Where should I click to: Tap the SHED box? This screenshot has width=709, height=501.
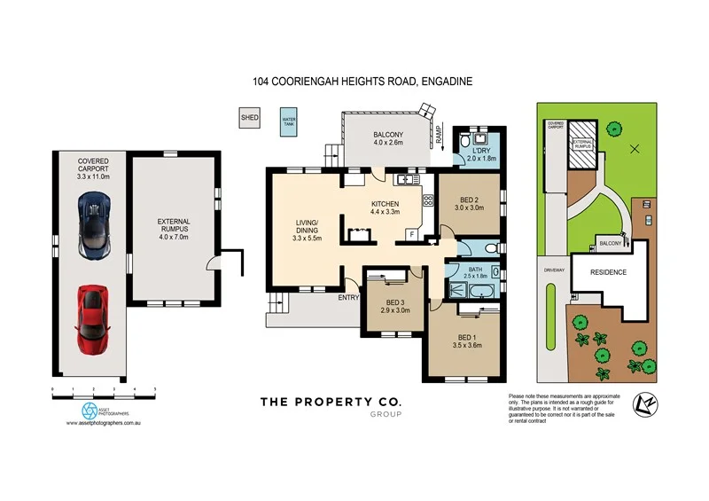coord(248,116)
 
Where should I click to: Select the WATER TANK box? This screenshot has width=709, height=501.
coord(289,121)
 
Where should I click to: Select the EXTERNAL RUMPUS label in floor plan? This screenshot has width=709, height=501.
coord(174,227)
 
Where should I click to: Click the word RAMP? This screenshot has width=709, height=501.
coord(438,135)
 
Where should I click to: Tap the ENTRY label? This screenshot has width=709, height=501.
coord(347,297)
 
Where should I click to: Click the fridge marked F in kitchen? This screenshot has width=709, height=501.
coord(412,234)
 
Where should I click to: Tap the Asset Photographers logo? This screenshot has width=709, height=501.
coord(90,410)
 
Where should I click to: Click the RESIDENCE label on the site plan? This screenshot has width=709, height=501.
coord(609,272)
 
